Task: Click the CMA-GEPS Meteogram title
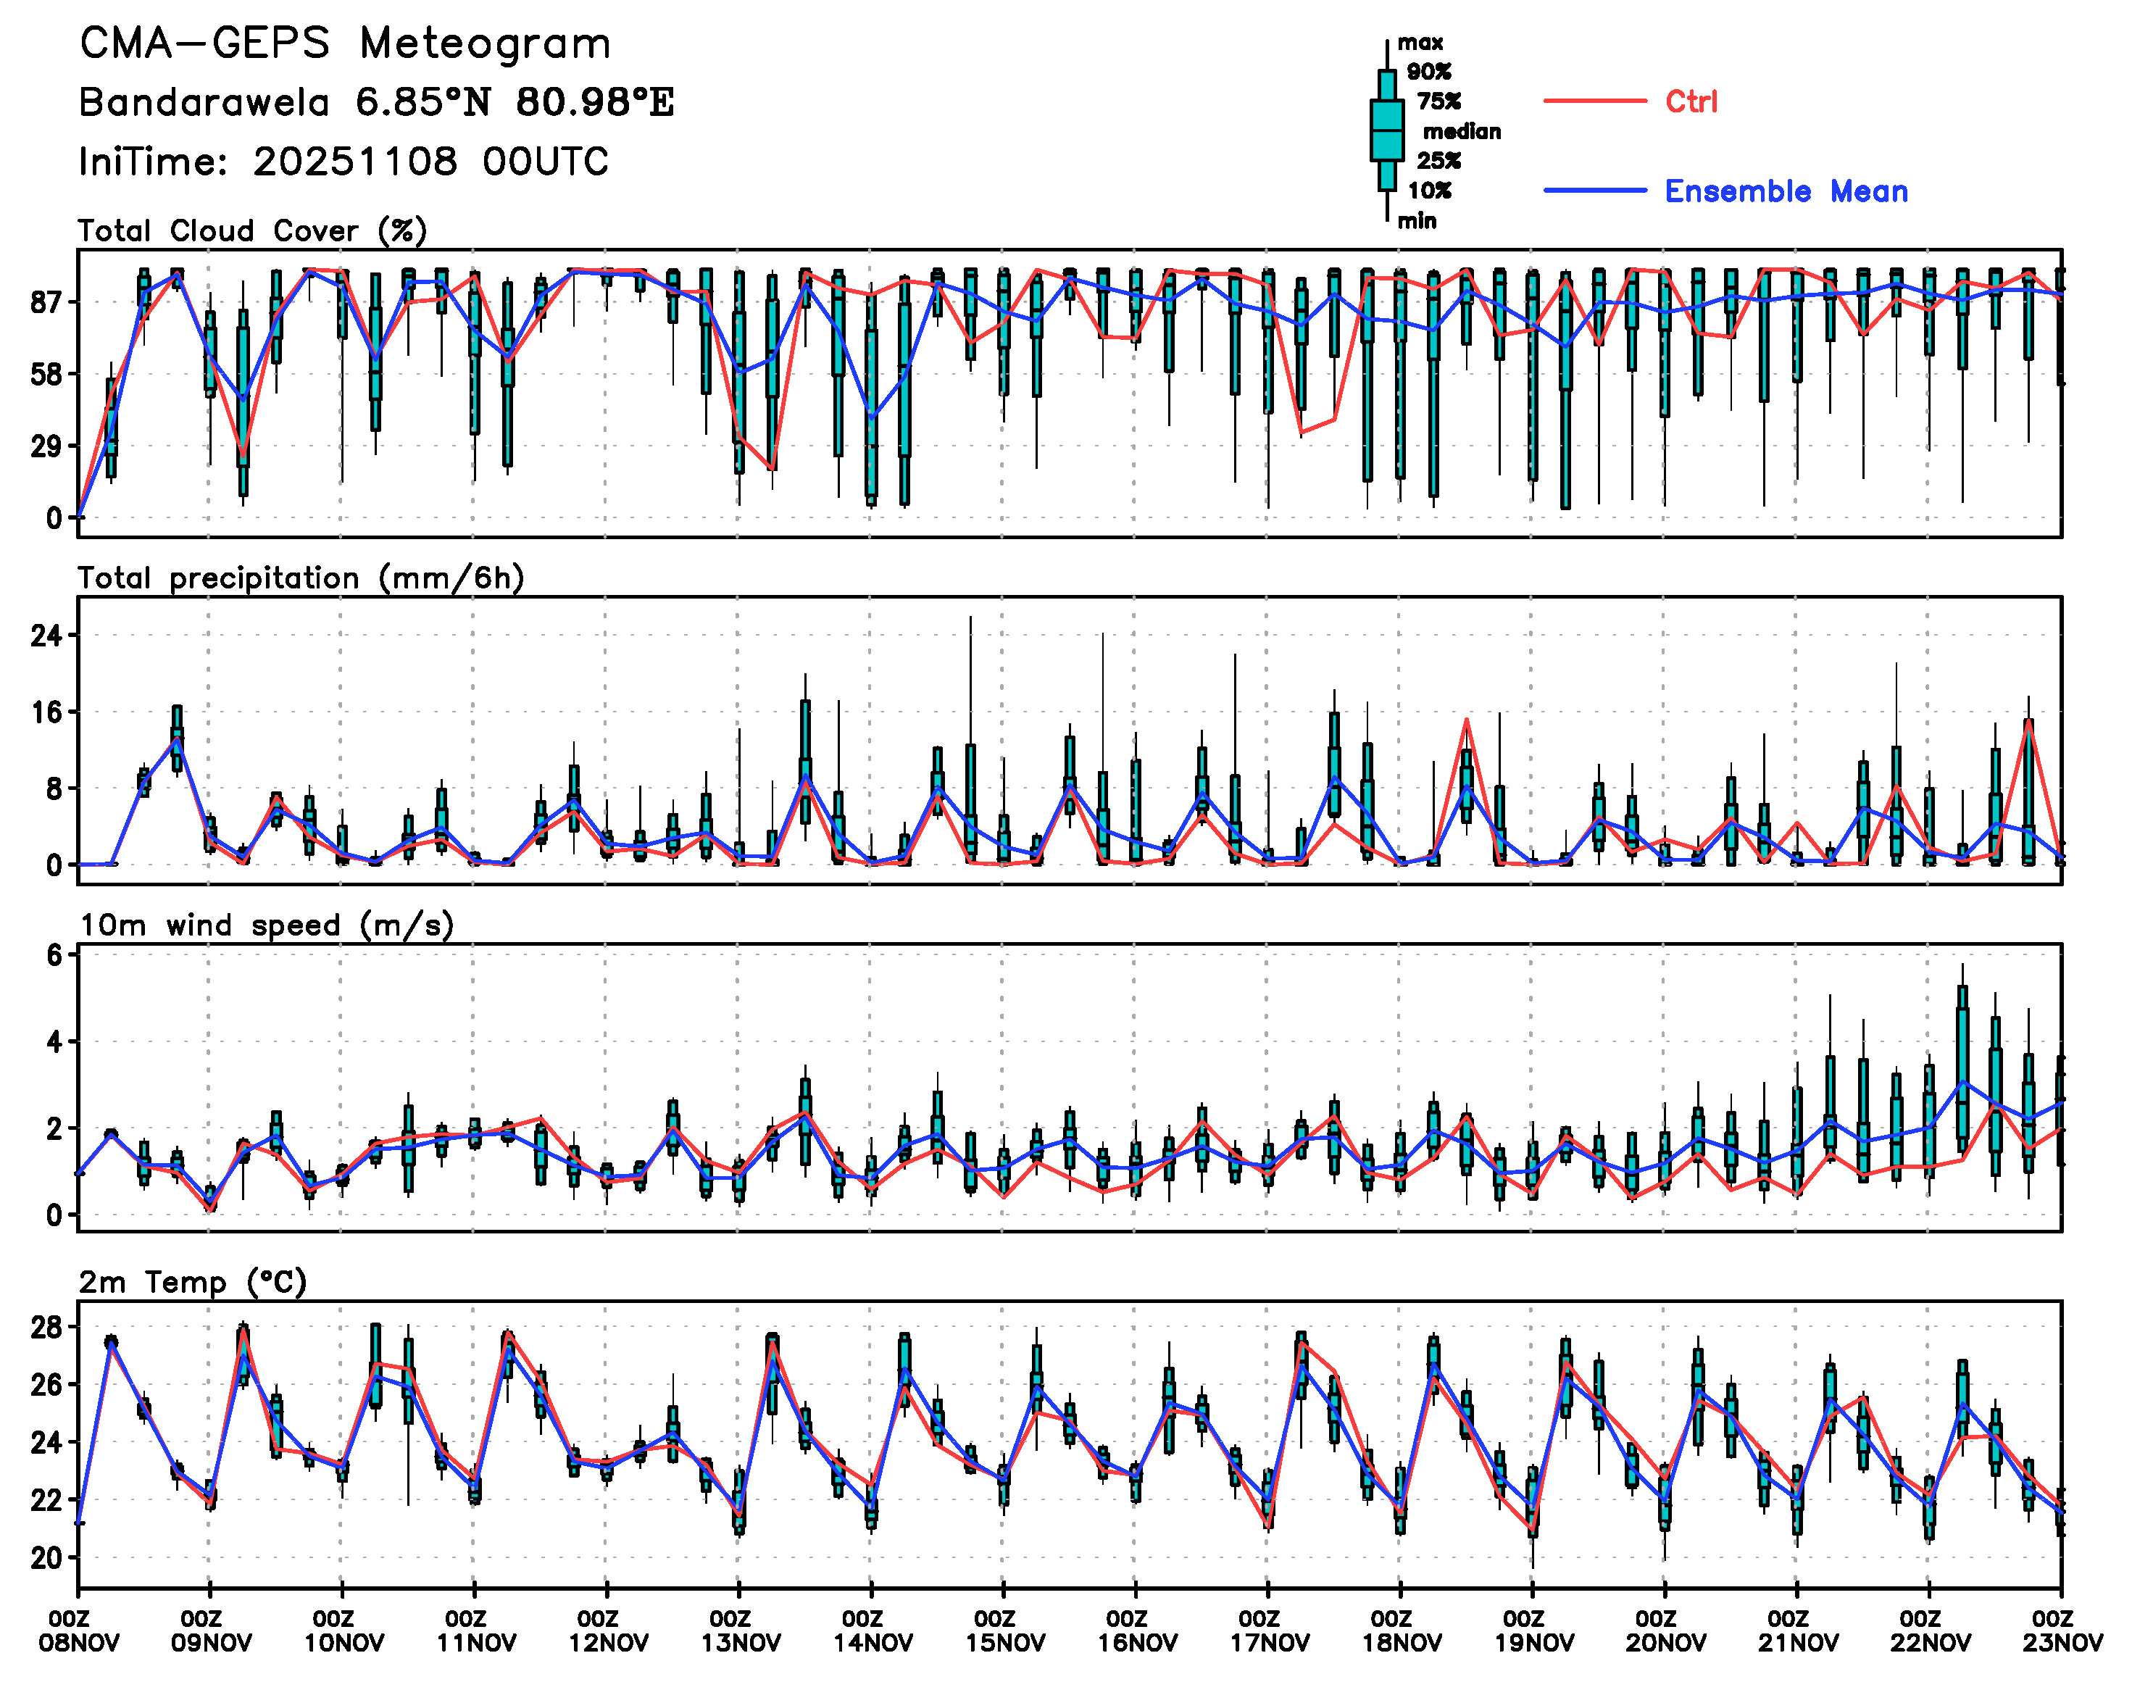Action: pos(345,44)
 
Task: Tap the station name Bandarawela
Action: pos(204,102)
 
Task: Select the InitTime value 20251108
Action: pos(354,162)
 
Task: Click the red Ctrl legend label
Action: pos(1691,101)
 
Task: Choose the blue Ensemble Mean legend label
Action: pos(1786,191)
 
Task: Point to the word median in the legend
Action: pos(1462,132)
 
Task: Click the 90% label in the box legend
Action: pos(1428,72)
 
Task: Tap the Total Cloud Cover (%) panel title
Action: pos(252,231)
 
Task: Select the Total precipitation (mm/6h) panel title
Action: pos(300,578)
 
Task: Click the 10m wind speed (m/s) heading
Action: pos(266,925)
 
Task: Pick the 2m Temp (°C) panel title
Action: pos(193,1282)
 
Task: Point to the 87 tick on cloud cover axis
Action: pos(47,302)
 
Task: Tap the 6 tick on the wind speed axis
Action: pos(54,955)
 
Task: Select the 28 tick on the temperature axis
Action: pos(46,1328)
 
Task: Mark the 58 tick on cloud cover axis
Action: pos(47,374)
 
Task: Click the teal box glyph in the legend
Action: pos(1386,130)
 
